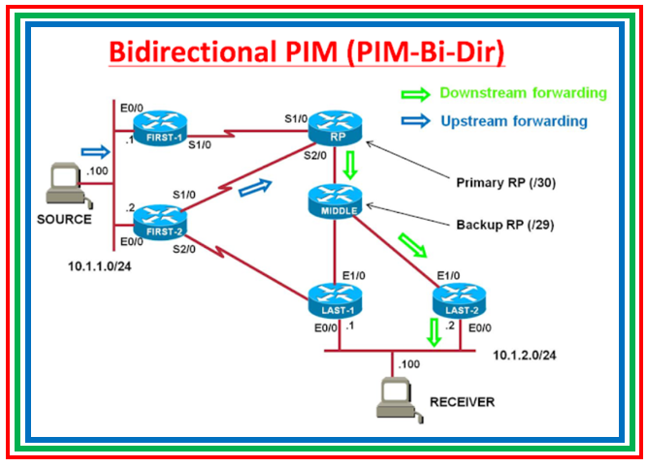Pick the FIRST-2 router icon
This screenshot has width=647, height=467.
point(159,219)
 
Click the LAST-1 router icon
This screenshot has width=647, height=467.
point(335,299)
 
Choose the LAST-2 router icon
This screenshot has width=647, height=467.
point(454,299)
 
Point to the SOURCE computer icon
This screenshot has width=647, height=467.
point(66,186)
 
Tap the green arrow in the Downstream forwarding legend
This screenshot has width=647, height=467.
point(414,94)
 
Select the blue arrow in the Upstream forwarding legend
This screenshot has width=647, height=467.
point(414,122)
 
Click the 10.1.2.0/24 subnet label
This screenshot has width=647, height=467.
point(524,356)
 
